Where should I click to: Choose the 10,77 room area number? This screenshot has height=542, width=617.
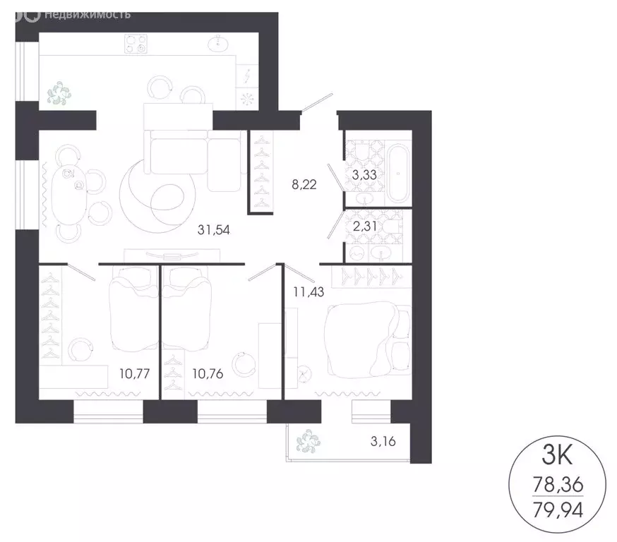pyautogui.click(x=134, y=373)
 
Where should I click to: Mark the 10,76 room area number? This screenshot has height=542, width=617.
pyautogui.click(x=208, y=373)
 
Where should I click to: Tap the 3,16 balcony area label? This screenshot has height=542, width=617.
pyautogui.click(x=383, y=444)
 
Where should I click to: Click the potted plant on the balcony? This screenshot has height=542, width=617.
pyautogui.click(x=308, y=442)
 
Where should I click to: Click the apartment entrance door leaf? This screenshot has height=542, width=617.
pyautogui.click(x=316, y=103)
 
